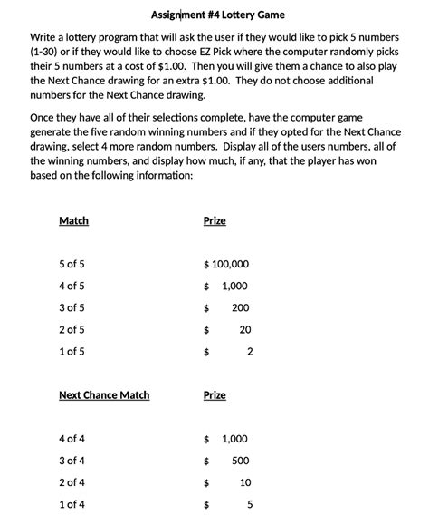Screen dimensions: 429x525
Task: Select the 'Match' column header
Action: pos(73,220)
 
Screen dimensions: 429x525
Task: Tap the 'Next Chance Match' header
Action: pos(104,395)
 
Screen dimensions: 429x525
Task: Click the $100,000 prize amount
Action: pos(226,265)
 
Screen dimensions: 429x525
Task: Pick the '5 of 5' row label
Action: pos(71,265)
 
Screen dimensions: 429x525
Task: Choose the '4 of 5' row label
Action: pos(71,287)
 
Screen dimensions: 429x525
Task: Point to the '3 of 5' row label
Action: pos(71,308)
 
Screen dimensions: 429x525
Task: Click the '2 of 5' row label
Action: pos(71,330)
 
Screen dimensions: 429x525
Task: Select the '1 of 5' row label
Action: pos(71,352)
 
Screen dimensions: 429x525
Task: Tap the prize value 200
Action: pos(240,308)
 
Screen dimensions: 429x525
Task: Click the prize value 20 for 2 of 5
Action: pos(244,330)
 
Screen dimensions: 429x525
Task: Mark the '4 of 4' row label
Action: pos(71,439)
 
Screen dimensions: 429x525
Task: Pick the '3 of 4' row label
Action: pos(71,461)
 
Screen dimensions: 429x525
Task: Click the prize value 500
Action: pos(240,461)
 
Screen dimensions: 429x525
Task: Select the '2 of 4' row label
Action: pos(71,482)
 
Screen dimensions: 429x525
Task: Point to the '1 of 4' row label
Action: pos(71,504)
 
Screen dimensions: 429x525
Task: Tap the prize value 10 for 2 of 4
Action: pos(245,482)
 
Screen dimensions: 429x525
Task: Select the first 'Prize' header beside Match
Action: pos(214,220)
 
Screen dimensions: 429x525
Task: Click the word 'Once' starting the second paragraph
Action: pos(43,118)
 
